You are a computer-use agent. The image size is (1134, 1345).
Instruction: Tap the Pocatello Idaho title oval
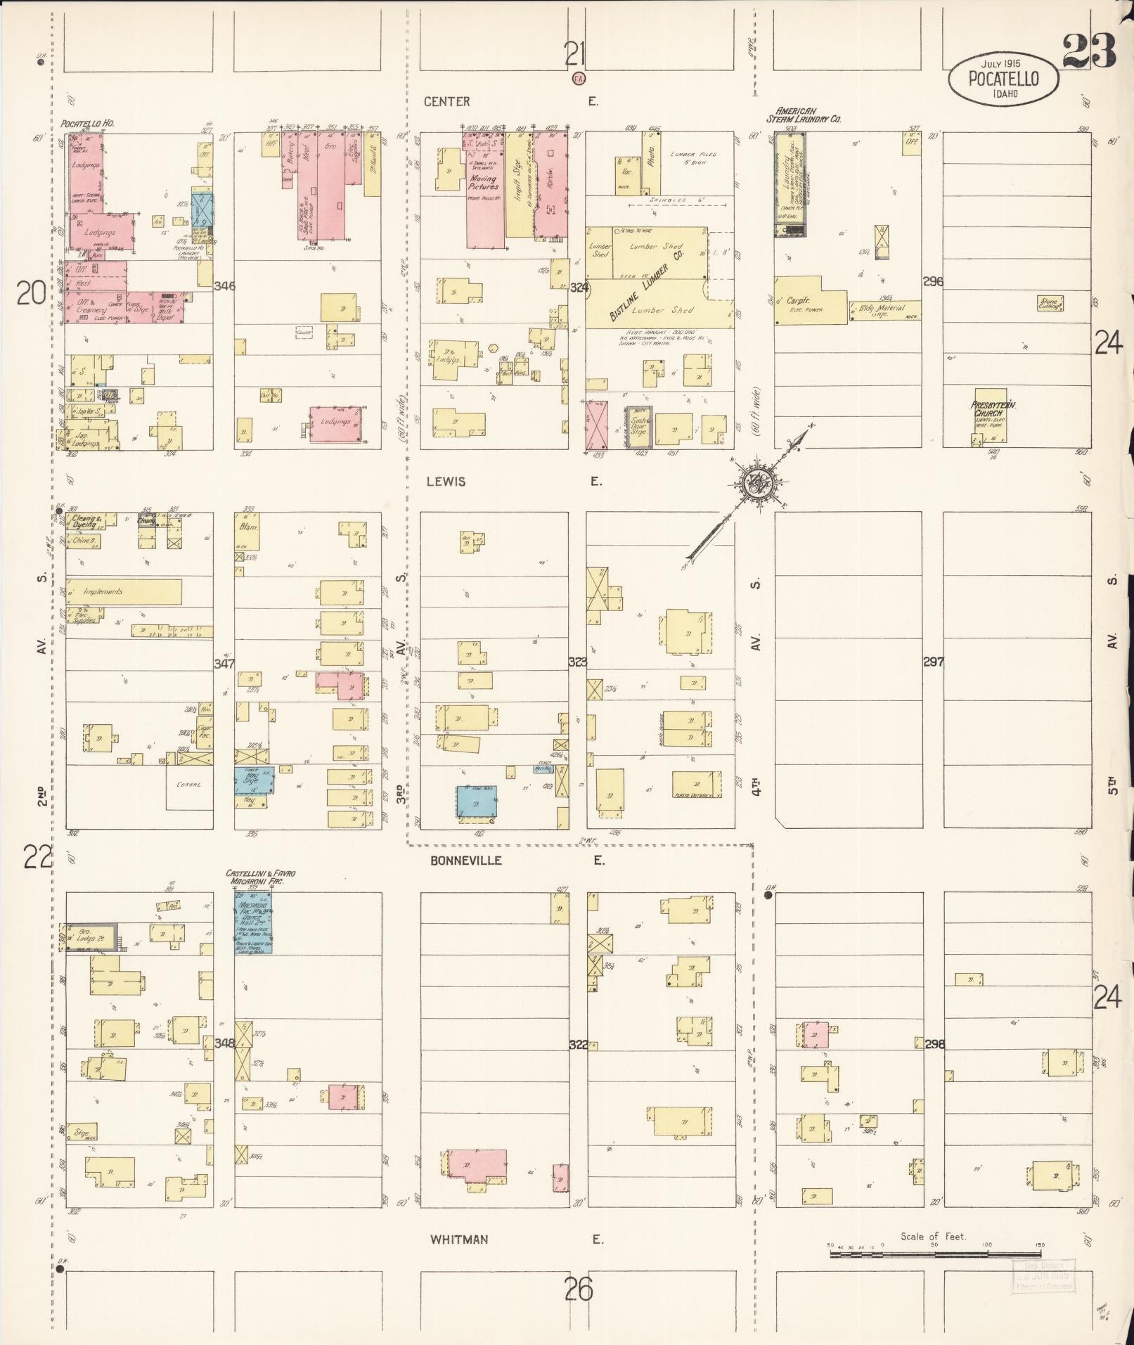(1003, 79)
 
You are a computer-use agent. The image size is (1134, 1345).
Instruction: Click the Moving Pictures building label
(484, 183)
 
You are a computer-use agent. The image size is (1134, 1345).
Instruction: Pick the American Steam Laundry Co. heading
(808, 115)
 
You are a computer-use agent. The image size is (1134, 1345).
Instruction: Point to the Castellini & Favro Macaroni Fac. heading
(260, 876)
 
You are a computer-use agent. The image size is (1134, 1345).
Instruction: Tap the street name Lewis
(446, 482)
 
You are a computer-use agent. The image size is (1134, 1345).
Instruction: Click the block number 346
(226, 286)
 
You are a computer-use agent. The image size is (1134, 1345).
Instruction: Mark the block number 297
(933, 662)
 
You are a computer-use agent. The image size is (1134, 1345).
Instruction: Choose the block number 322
(578, 1044)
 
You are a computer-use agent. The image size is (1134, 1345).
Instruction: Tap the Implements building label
(103, 591)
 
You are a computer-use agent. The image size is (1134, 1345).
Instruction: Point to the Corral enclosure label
(188, 784)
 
